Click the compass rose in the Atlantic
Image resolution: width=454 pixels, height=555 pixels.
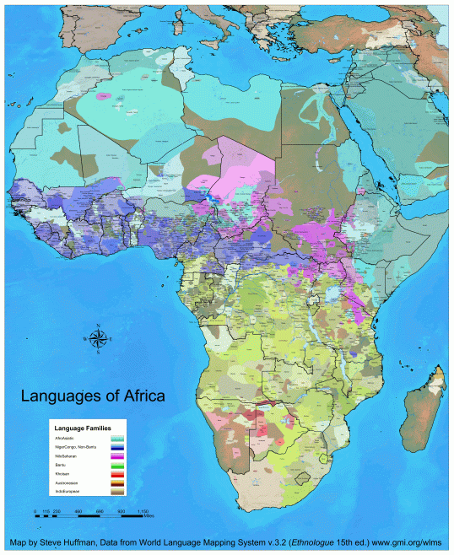98,339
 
